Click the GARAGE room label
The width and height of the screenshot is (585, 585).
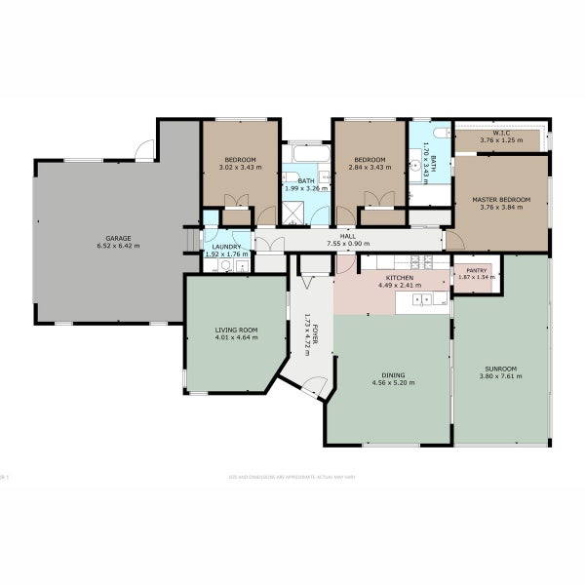(x=118, y=238)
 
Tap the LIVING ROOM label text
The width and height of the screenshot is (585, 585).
(x=237, y=331)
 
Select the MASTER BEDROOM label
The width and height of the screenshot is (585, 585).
(x=501, y=200)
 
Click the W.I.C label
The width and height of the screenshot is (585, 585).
(x=501, y=134)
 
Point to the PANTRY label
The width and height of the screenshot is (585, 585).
(x=477, y=271)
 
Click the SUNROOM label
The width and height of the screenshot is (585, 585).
(x=501, y=369)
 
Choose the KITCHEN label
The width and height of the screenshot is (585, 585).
(x=400, y=278)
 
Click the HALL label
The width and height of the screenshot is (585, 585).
(x=348, y=236)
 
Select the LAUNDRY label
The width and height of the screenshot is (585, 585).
(x=226, y=248)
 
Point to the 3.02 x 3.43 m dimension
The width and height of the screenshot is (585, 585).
(x=240, y=168)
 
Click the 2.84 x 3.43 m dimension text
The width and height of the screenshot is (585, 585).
(x=370, y=168)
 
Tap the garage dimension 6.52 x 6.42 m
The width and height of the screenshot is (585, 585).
(x=118, y=246)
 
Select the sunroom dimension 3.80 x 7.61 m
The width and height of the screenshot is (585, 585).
(x=501, y=376)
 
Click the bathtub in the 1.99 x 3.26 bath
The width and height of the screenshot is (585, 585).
(x=306, y=154)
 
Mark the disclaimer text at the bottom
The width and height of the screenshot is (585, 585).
(x=292, y=477)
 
